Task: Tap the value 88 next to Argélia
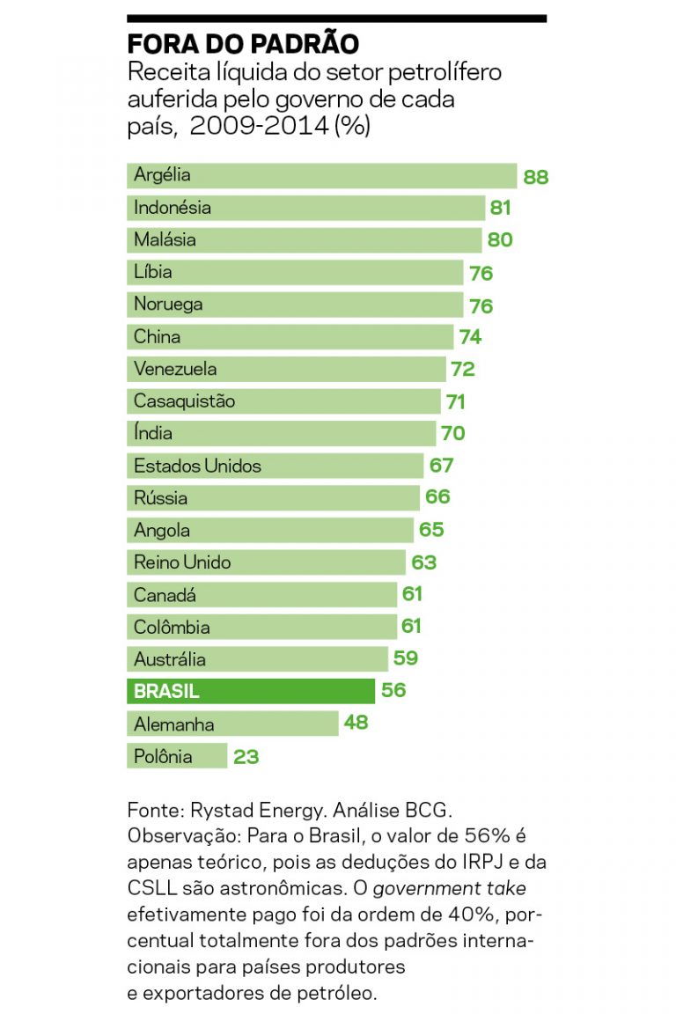[535, 177]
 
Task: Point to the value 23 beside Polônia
[246, 756]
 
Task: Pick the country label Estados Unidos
[197, 466]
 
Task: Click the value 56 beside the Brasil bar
[393, 691]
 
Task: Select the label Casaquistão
[184, 401]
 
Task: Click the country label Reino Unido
[182, 562]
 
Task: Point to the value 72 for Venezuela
[463, 370]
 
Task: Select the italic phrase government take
[449, 888]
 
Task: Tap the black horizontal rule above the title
[336, 18]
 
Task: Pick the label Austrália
[170, 659]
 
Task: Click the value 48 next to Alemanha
[356, 724]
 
